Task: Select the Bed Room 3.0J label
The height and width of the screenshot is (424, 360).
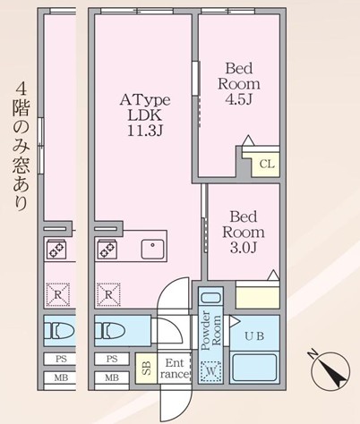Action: click(244, 231)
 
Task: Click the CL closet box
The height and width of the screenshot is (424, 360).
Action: click(266, 164)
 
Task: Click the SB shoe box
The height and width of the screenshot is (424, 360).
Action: click(146, 367)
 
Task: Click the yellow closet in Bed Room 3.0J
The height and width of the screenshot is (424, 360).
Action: click(257, 296)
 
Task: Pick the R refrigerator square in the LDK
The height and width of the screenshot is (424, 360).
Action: click(109, 292)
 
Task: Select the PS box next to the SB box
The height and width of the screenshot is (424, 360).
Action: click(112, 358)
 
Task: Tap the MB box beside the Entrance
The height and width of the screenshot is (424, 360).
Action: click(112, 377)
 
